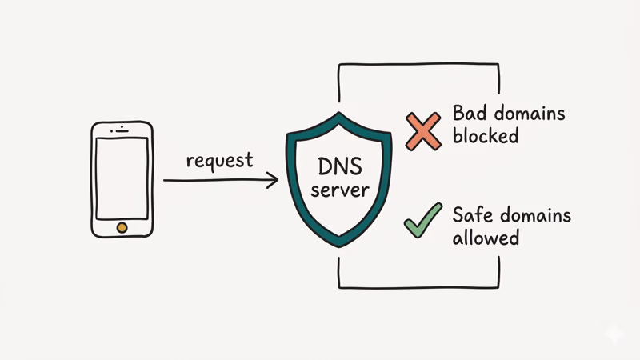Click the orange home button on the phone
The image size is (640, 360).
(x=122, y=227)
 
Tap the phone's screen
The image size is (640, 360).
(x=122, y=178)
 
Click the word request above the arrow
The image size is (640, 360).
(x=219, y=160)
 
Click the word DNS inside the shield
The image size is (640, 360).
(x=340, y=168)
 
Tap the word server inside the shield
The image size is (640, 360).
(x=340, y=191)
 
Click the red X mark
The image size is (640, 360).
(x=422, y=131)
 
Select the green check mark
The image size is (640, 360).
(x=422, y=220)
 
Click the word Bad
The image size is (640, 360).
(x=469, y=113)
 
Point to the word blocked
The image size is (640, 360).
(x=486, y=135)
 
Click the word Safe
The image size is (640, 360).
(x=471, y=214)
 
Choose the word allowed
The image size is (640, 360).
(x=486, y=238)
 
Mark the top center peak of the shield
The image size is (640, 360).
(x=340, y=114)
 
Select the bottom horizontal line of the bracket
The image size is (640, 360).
(x=419, y=286)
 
